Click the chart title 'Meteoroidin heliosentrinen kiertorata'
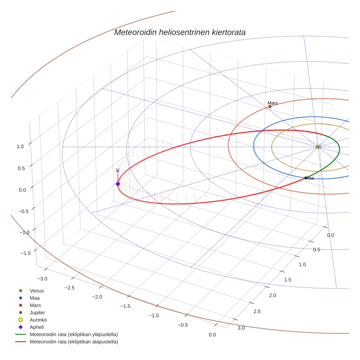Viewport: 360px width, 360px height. click(180, 32)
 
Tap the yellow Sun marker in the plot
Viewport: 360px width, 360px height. click(318, 147)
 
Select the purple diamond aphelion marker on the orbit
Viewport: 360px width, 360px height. click(118, 184)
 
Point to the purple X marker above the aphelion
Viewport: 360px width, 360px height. click(117, 170)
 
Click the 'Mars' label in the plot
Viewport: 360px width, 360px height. click(273, 103)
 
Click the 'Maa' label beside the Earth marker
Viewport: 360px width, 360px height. click(310, 178)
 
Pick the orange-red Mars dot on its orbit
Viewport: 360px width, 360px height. click(270, 106)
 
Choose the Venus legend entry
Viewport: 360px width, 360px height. click(37, 291)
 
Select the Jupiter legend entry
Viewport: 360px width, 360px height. click(37, 312)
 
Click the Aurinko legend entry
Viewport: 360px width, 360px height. click(38, 320)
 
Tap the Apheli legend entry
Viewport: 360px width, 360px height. click(37, 327)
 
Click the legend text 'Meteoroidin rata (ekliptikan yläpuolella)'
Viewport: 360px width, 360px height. click(74, 334)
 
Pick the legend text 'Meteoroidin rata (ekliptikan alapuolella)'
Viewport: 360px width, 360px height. click(74, 342)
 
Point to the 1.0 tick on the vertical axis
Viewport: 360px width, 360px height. click(20, 146)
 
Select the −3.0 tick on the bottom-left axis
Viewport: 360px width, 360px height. click(43, 279)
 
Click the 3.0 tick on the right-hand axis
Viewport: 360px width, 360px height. click(241, 328)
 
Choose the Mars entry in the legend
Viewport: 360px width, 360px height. click(35, 305)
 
